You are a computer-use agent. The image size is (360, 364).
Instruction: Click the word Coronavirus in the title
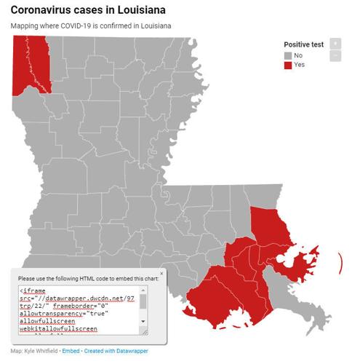(45, 11)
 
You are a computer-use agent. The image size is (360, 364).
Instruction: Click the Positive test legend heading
(302, 44)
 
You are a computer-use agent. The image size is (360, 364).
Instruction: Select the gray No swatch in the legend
(288, 55)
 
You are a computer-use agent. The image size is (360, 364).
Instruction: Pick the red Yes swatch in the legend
(288, 66)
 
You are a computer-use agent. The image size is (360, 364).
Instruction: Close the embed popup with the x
(161, 273)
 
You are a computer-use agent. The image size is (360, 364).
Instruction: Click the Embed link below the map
(71, 351)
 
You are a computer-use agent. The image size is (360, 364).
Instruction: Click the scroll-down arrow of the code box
(143, 320)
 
